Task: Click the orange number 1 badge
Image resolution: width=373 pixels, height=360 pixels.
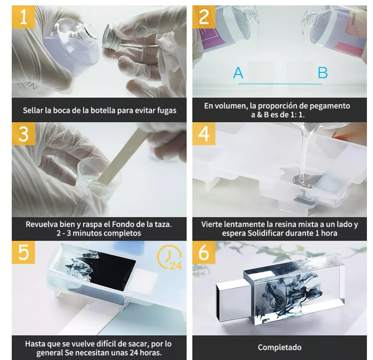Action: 24,17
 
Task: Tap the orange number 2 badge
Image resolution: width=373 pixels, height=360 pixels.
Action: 204,17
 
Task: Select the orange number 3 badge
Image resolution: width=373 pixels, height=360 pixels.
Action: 24,134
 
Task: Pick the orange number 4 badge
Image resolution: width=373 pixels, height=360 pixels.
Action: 204,134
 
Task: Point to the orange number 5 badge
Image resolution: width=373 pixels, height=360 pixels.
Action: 24,252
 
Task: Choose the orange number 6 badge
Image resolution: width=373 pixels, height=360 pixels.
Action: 204,252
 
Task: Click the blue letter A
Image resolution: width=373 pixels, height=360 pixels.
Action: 238,72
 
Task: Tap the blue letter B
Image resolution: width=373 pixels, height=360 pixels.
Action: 323,72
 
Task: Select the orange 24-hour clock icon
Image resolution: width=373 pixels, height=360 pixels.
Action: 169,257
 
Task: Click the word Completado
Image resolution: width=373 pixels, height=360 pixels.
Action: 279,347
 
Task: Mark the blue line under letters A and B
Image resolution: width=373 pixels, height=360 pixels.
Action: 280,84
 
